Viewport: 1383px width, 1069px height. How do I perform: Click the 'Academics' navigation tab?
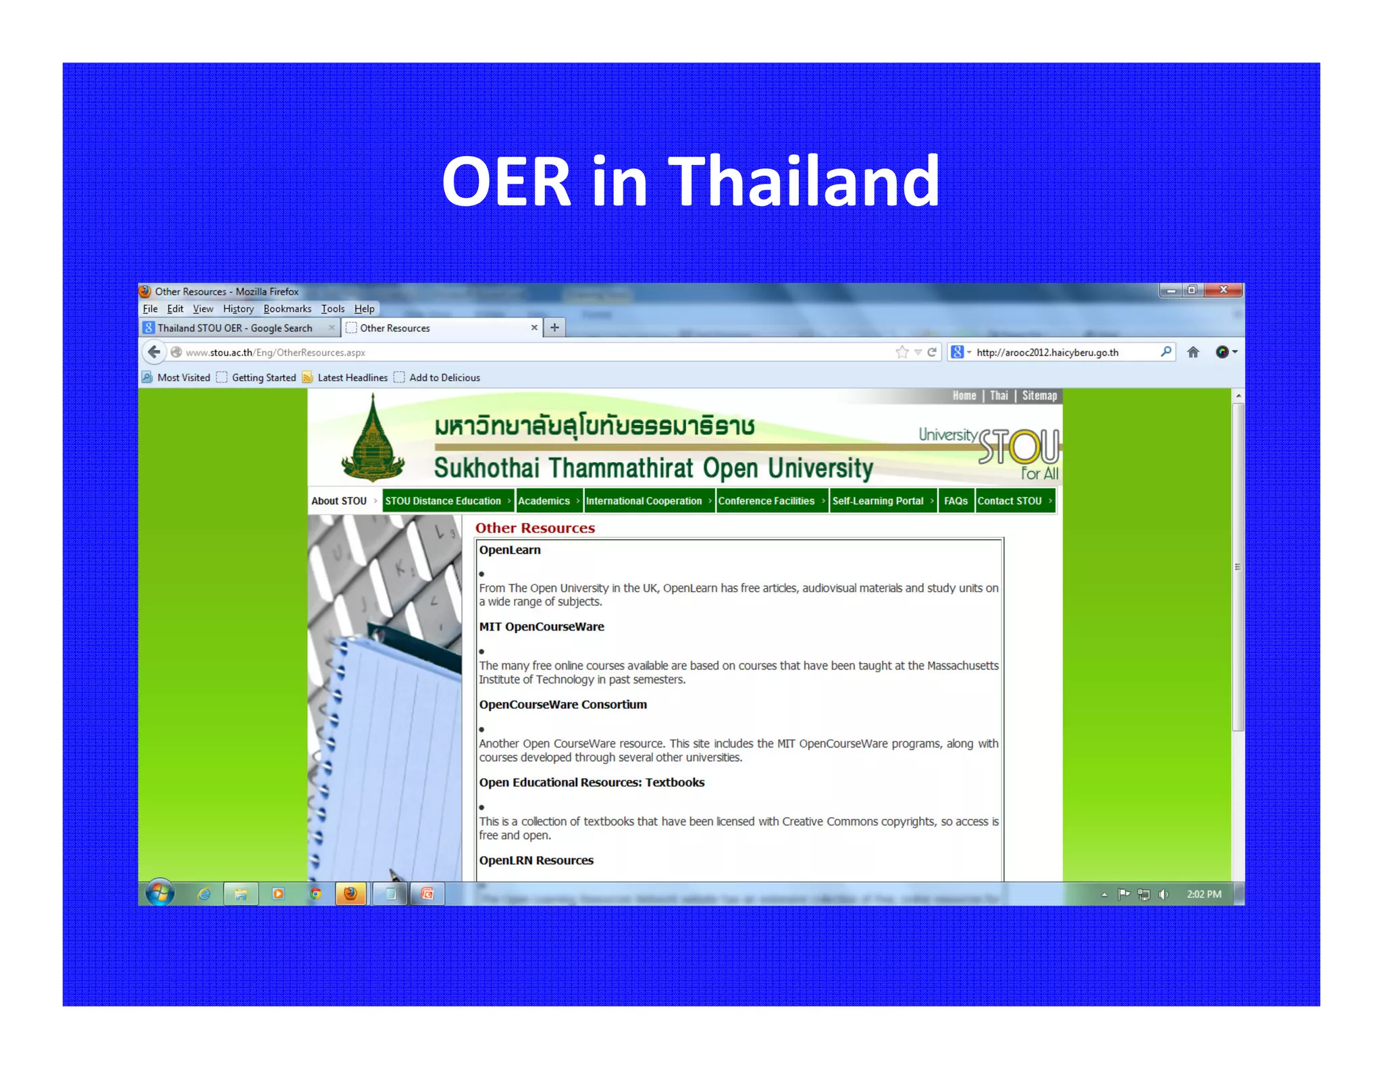point(544,501)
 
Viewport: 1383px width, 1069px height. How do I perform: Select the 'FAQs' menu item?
point(956,501)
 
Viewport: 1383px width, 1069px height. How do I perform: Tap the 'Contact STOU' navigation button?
point(1010,501)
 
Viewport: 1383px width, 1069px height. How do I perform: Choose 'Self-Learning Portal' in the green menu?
point(877,501)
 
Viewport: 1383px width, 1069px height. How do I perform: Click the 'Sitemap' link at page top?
point(1039,396)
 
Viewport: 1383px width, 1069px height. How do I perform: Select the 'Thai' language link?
point(999,396)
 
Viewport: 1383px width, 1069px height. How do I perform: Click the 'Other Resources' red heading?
point(535,528)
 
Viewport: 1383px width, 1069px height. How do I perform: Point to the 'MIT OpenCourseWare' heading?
point(542,626)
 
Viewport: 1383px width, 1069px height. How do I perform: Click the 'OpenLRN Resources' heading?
point(536,860)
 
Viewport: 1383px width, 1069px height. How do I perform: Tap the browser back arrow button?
point(154,352)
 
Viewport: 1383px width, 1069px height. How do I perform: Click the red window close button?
point(1224,290)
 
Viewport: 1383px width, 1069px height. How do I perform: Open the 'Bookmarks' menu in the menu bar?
point(287,309)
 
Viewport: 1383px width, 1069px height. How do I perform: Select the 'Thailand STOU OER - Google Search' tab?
point(235,328)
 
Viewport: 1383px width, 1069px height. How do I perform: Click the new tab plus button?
point(554,328)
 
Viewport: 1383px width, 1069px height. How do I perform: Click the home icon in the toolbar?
point(1193,352)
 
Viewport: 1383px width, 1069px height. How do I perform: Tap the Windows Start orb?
point(160,893)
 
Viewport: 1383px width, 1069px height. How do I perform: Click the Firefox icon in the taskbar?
point(350,893)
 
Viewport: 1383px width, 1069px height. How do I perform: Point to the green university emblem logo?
point(373,439)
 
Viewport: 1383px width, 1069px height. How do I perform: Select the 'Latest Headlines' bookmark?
point(352,378)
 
